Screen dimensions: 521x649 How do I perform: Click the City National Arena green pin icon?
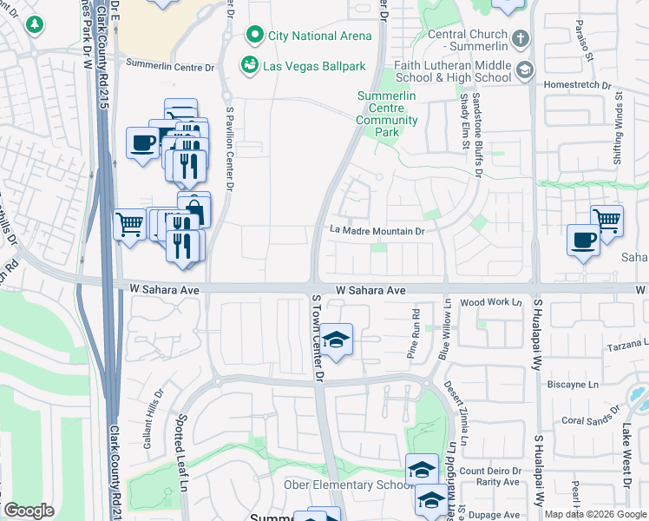click(254, 36)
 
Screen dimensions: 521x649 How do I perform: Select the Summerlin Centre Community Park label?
click(386, 115)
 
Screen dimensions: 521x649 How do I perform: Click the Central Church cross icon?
click(520, 38)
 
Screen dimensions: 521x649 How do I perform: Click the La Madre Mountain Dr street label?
click(377, 231)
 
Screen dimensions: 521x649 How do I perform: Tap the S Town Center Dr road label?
click(317, 339)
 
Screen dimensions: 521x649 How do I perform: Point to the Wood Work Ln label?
click(491, 302)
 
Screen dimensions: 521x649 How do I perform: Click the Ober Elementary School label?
click(342, 484)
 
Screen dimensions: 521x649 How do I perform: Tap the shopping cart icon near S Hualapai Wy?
click(606, 221)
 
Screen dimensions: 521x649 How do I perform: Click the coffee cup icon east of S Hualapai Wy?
click(583, 239)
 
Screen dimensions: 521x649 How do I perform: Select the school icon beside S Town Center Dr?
click(336, 340)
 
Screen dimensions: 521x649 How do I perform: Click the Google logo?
click(29, 511)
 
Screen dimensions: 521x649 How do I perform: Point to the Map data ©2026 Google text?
click(594, 514)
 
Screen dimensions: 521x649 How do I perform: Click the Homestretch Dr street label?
click(577, 86)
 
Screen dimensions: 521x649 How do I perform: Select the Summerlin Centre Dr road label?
click(170, 65)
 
